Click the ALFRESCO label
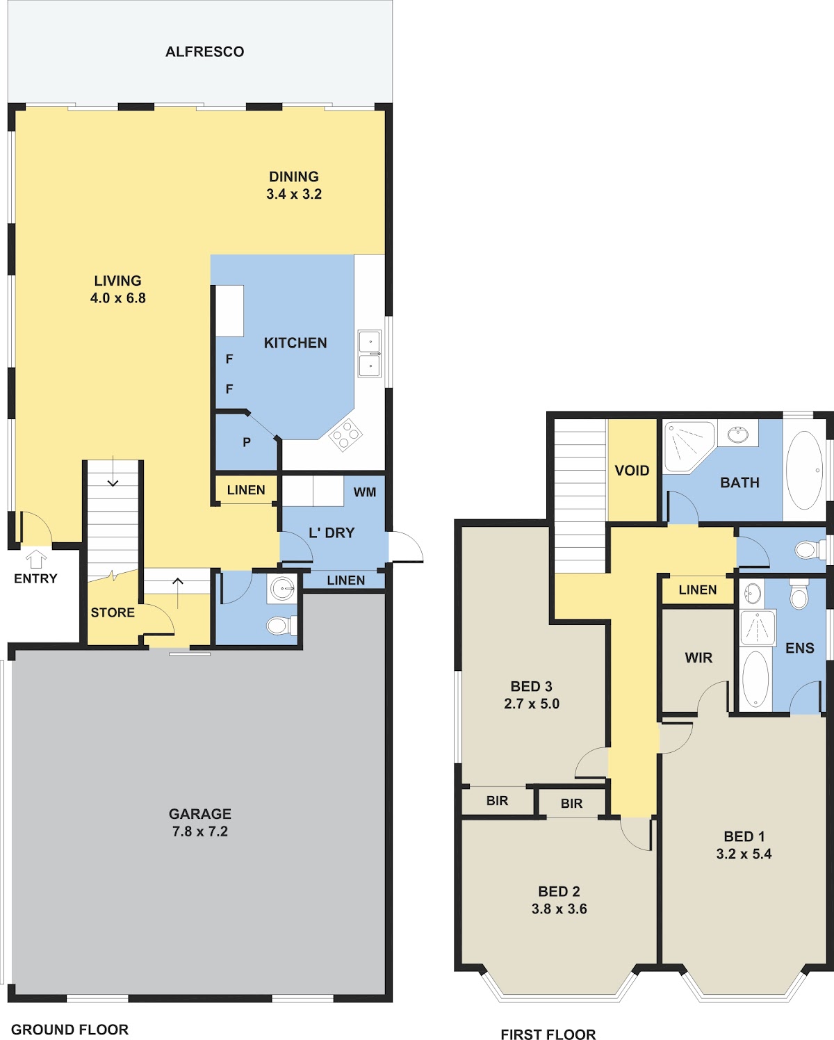click(204, 51)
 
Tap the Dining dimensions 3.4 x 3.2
click(294, 194)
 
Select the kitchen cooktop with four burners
click(345, 434)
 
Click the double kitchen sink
click(370, 354)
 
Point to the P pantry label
click(247, 442)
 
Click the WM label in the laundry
click(365, 492)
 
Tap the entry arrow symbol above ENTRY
click(36, 559)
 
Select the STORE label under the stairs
click(113, 612)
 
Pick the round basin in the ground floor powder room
click(282, 589)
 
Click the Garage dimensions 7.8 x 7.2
click(200, 831)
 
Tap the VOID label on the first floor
click(632, 471)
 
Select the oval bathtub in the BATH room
click(805, 470)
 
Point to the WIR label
click(698, 658)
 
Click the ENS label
click(800, 648)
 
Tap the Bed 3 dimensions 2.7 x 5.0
click(532, 704)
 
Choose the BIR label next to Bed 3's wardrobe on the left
click(497, 801)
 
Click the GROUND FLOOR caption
click(70, 1030)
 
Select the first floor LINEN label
click(698, 590)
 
